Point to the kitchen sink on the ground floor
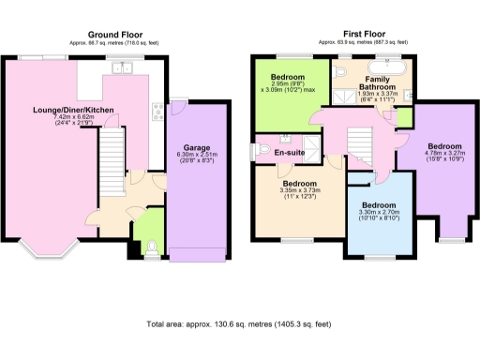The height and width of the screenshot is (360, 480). click(119, 66)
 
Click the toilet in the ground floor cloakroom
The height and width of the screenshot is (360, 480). click(152, 247)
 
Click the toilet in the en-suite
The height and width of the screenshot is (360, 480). click(265, 151)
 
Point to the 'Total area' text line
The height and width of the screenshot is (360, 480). click(239, 324)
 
